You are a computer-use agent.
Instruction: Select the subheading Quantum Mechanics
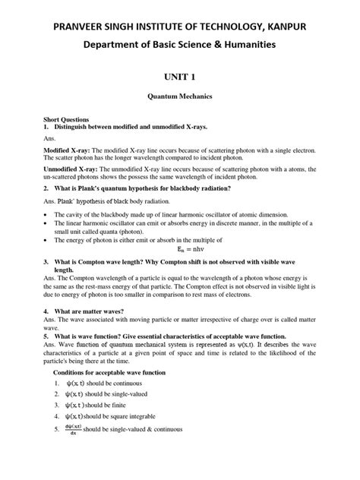click(180, 98)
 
